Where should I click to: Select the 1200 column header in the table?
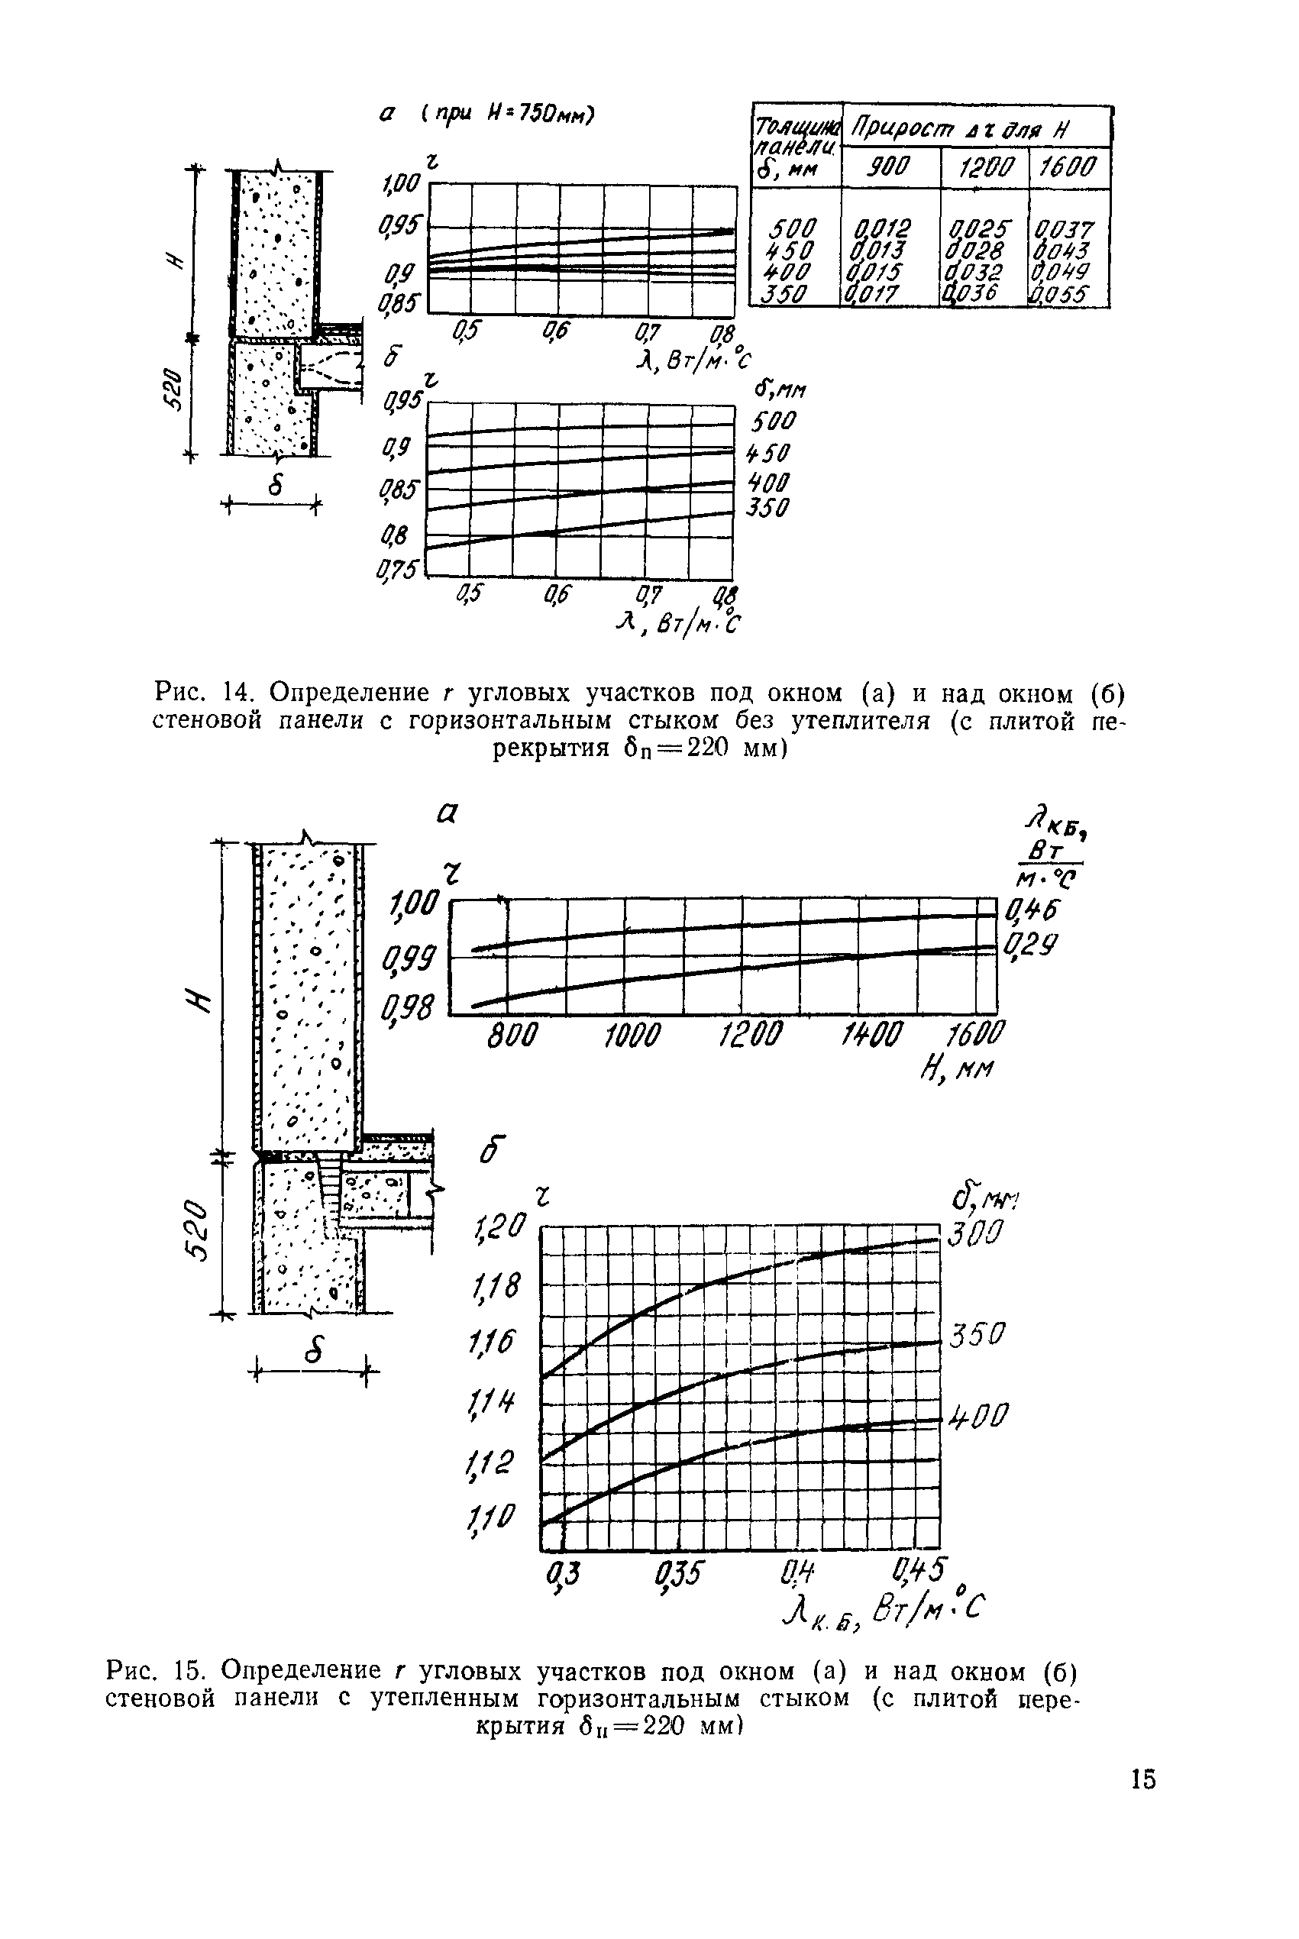(x=984, y=168)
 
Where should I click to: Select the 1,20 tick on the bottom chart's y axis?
(x=499, y=1226)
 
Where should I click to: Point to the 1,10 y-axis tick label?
(x=492, y=1518)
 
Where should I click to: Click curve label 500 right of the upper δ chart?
(x=772, y=422)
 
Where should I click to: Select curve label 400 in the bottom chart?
(x=978, y=1416)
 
